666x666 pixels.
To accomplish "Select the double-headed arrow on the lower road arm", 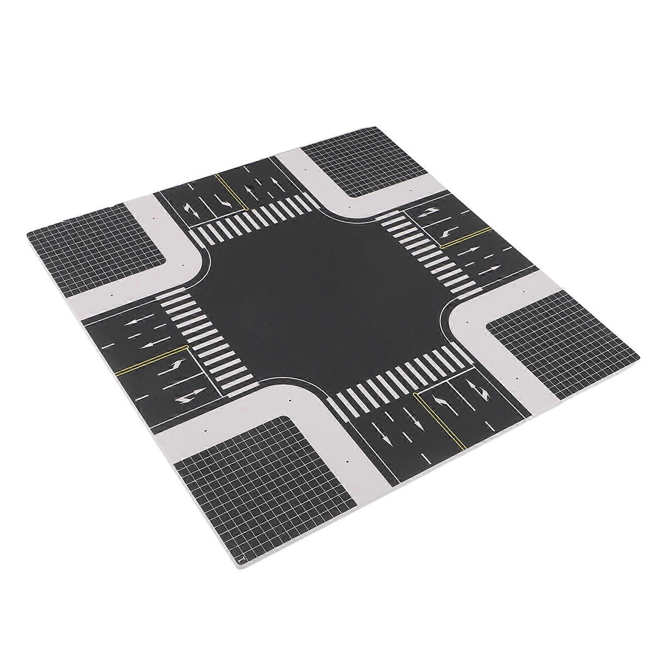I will (483, 389).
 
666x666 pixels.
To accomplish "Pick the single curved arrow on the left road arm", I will (175, 366).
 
